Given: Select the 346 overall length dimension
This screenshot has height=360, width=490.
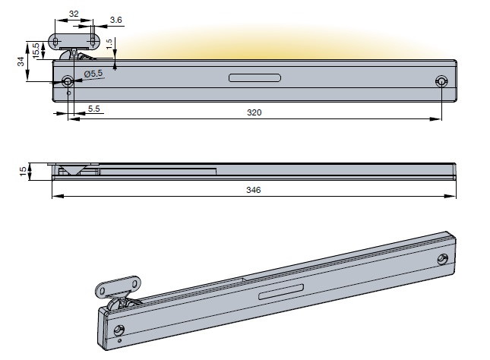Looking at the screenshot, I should (254, 191).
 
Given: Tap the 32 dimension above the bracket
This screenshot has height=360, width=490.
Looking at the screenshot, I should (74, 14).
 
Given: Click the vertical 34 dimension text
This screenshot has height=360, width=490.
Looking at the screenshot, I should (21, 62).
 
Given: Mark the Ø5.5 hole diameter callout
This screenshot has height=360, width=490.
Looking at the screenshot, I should (93, 73).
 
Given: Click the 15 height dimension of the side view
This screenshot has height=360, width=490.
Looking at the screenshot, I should (21, 170).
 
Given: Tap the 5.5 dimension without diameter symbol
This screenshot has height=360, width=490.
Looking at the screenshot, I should (93, 109).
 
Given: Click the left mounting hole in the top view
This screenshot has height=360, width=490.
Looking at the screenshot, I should (68, 81).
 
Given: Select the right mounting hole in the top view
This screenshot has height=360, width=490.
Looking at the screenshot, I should (441, 81).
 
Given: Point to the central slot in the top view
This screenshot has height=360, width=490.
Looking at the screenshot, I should (255, 77).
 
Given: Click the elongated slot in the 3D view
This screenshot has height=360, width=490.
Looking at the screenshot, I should (282, 292).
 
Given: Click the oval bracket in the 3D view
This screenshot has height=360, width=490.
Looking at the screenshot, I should (119, 286).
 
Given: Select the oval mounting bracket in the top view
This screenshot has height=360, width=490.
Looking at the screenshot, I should (74, 39).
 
